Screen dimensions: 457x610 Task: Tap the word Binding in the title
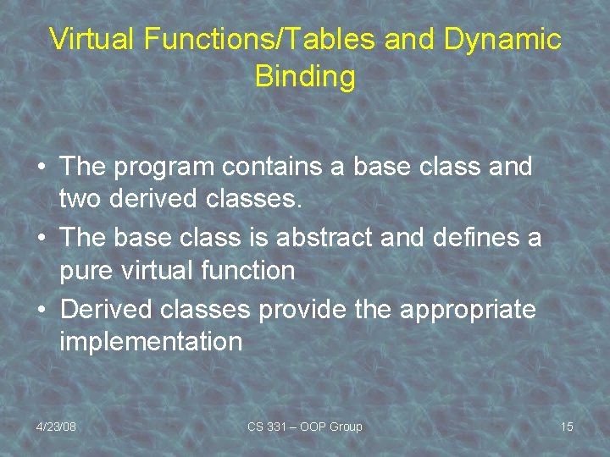[304, 77]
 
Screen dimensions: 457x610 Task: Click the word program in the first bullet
[171, 168]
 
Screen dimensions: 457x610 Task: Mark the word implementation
[151, 343]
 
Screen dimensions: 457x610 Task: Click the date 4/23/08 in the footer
[56, 427]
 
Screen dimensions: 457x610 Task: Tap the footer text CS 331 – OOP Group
[304, 427]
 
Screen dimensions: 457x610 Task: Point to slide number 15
[566, 427]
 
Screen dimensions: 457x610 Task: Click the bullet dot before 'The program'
[42, 168]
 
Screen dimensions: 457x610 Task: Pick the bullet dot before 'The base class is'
[42, 239]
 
